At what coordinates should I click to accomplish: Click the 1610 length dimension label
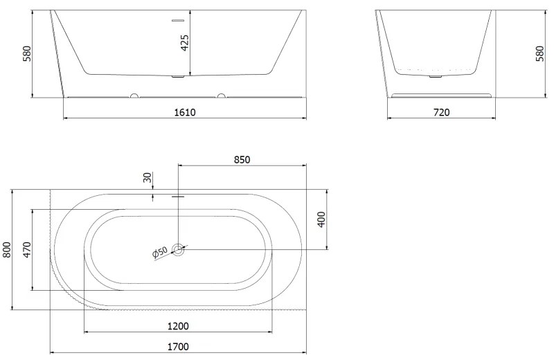[185, 112]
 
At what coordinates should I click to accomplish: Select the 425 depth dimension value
[185, 43]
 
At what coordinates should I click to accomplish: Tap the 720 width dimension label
[441, 112]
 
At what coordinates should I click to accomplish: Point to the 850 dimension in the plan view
[242, 160]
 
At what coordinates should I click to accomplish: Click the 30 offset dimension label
[148, 177]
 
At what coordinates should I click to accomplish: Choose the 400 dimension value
[321, 219]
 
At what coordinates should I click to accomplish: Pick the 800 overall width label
[7, 249]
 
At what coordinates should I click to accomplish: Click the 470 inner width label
[27, 249]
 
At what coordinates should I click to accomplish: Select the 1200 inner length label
[178, 326]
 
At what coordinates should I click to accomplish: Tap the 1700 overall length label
[178, 347]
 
